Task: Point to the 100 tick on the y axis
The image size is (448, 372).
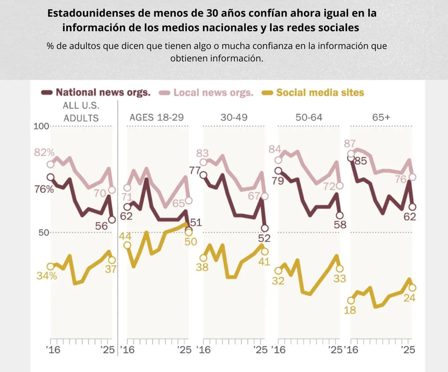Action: point(41,126)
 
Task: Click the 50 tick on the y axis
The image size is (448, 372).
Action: point(44,233)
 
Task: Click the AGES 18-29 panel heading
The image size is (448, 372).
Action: point(156,117)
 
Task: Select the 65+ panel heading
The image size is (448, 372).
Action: point(381,117)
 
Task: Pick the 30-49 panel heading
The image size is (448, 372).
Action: point(234,117)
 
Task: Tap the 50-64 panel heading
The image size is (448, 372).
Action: point(309,117)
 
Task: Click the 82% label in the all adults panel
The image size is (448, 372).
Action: point(44,153)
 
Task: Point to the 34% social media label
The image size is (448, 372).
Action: point(47,275)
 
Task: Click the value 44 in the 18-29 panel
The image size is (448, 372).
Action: point(125,236)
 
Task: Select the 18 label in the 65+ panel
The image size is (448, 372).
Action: point(350,310)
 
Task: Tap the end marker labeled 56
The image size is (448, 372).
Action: point(112,220)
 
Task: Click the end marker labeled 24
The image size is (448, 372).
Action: point(412,288)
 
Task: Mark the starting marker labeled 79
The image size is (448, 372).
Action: point(278,171)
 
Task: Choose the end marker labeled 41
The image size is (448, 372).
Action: point(265,252)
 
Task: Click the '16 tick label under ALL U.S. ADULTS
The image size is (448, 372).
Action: point(53,350)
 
